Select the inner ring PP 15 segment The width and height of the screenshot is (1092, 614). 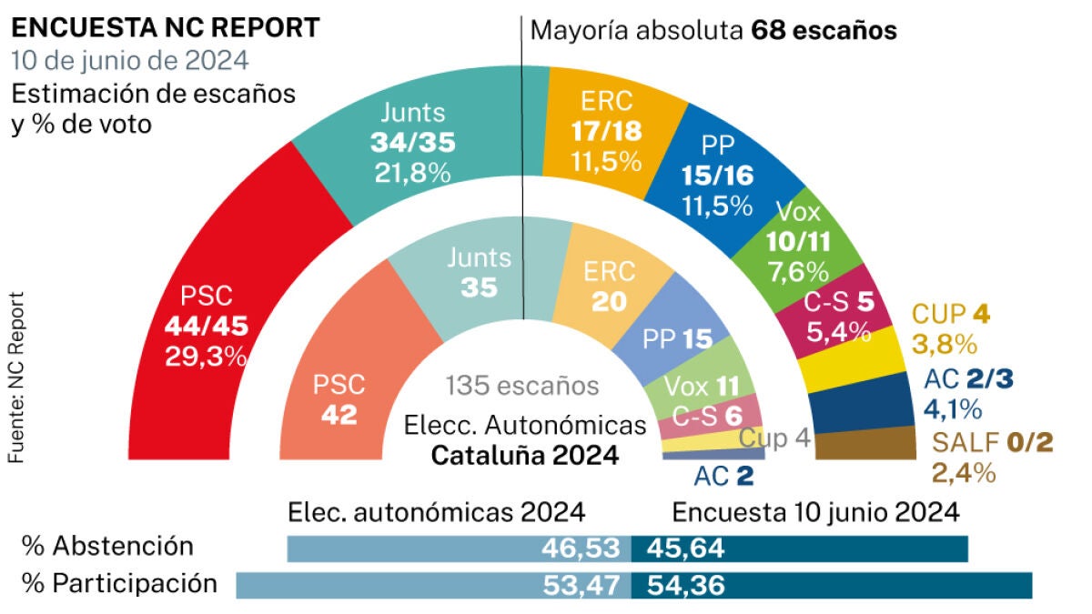[677, 337]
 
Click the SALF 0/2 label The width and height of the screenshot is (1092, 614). [992, 444]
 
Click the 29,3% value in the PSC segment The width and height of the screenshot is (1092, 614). [206, 356]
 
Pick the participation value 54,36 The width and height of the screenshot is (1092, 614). [686, 585]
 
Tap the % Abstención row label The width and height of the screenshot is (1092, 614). [108, 546]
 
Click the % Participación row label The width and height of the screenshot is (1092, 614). [120, 583]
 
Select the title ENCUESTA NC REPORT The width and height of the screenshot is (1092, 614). [166, 28]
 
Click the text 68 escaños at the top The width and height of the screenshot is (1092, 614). [824, 30]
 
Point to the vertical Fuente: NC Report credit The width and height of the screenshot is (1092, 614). [17, 377]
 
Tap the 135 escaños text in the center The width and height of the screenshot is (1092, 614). [522, 386]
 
